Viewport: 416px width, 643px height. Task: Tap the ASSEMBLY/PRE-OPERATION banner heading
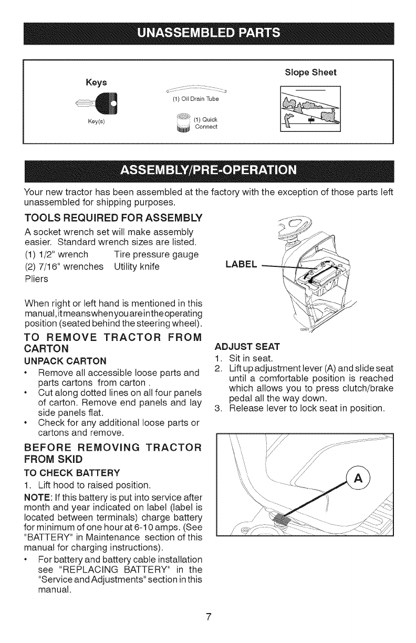coord(209,171)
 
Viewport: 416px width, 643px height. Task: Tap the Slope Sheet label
coord(314,71)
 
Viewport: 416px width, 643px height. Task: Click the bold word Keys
coord(95,82)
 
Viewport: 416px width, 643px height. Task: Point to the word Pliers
coord(36,279)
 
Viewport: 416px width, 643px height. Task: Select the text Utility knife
coord(139,267)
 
